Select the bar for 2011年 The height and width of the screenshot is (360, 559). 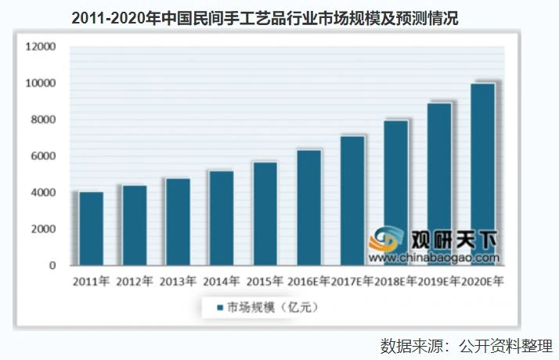tap(91, 229)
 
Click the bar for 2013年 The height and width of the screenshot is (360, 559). tap(178, 222)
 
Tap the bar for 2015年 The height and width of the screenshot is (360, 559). tap(265, 214)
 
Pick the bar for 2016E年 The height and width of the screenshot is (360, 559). tap(308, 208)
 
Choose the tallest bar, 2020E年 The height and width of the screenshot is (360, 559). tap(483, 175)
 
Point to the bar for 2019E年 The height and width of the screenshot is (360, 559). tap(439, 184)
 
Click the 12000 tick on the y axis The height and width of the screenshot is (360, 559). tap(41, 47)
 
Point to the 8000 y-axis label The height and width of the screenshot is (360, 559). tap(43, 120)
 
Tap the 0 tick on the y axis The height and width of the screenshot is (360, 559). tap(52, 265)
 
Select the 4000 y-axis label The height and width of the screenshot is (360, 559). tap(43, 193)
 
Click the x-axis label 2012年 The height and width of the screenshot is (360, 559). tap(135, 282)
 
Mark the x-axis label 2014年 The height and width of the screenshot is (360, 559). tap(222, 282)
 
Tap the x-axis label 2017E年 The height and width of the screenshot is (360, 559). tap(352, 282)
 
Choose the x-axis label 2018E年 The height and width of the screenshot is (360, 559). tap(395, 282)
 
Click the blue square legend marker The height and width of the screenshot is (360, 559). tap(220, 308)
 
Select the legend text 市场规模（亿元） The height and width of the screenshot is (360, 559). tap(272, 308)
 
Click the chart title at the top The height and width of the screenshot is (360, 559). tap(265, 18)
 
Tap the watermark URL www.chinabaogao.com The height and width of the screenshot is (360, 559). tap(434, 257)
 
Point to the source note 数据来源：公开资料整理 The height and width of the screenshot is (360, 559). tap(467, 346)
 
